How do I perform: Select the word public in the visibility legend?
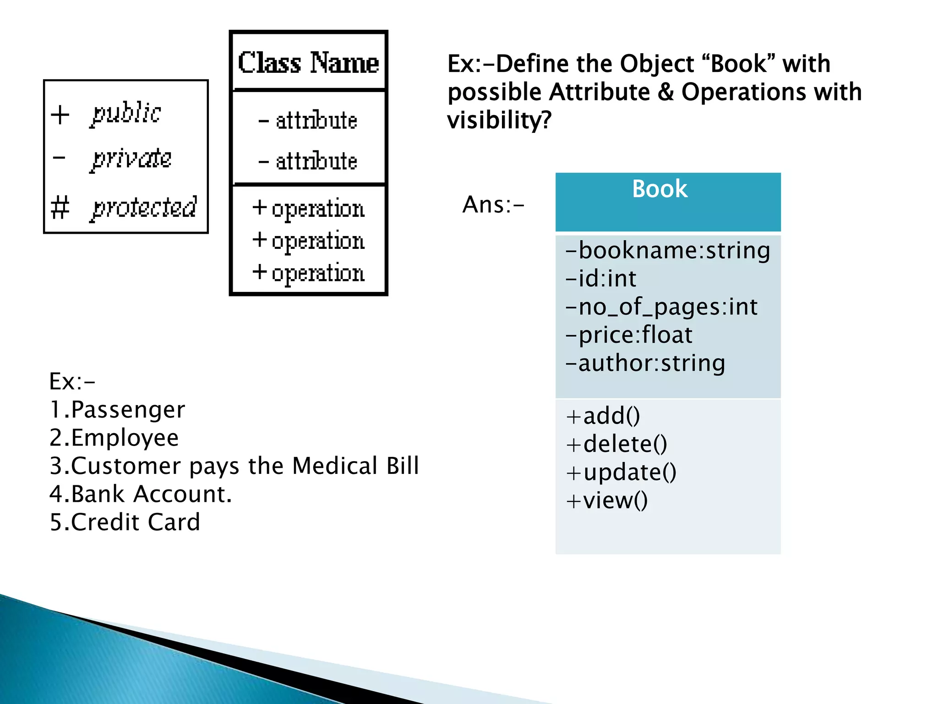126,113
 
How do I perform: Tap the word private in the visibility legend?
131,159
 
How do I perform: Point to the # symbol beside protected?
60,207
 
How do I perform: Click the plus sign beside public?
60,114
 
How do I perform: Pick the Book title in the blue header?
660,189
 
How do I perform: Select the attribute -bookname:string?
668,250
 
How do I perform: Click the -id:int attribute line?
601,279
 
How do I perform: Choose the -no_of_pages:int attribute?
661,307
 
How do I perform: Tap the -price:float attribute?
629,335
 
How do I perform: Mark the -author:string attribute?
645,363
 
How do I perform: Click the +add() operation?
603,416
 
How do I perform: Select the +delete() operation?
616,444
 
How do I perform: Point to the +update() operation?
621,473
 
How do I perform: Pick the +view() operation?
607,500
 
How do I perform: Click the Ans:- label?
493,204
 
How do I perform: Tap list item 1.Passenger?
117,409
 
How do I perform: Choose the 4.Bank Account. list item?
141,494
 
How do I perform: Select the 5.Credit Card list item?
125,522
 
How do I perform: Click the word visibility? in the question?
499,120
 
